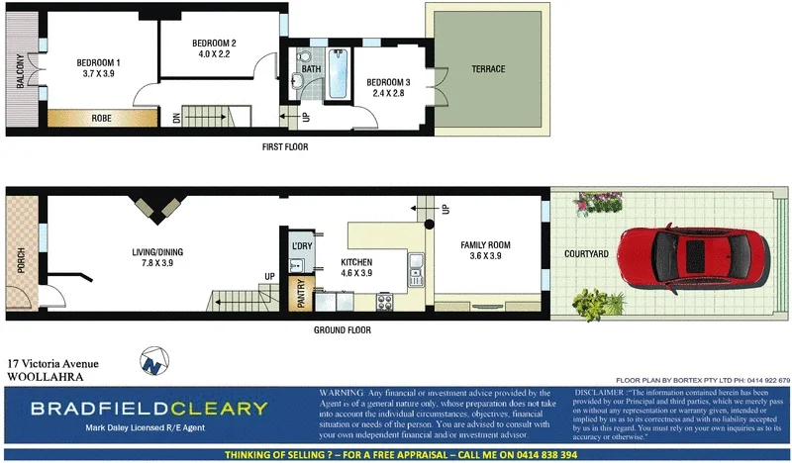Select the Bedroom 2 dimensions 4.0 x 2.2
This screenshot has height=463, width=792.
[x=213, y=53]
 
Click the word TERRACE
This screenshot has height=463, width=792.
[x=487, y=69]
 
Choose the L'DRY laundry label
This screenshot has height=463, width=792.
[x=301, y=244]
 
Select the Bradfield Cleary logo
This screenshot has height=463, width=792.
[x=148, y=409]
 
